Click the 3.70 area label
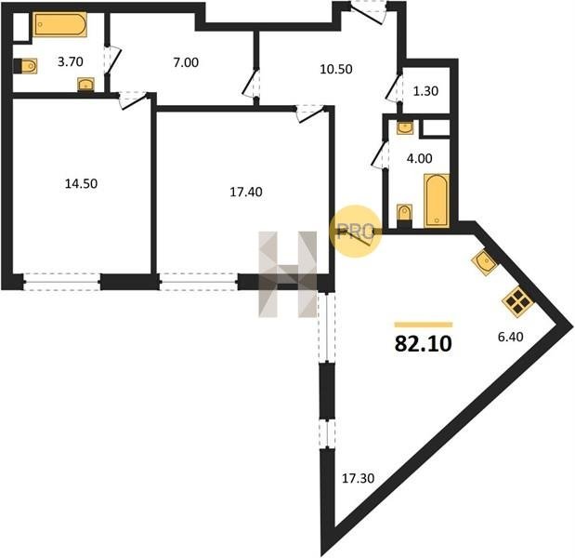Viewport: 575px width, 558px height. click(x=71, y=61)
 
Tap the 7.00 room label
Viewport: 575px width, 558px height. click(x=186, y=62)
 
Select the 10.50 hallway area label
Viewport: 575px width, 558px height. click(x=336, y=69)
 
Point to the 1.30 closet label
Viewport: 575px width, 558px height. click(x=425, y=91)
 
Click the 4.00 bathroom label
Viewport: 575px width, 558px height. click(x=420, y=159)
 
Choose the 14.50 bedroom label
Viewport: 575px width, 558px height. click(x=81, y=183)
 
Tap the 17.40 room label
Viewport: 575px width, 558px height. click(x=245, y=192)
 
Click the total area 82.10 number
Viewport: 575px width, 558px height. click(x=424, y=344)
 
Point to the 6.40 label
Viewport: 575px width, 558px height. click(x=510, y=337)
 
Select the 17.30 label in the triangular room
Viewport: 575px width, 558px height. click(x=358, y=478)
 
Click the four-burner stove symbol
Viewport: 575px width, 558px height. click(x=517, y=302)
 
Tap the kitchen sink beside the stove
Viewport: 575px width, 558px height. click(x=485, y=262)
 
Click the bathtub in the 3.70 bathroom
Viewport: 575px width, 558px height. click(x=59, y=24)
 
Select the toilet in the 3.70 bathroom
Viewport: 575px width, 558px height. click(x=26, y=66)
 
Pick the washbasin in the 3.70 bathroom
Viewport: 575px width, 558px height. click(x=86, y=86)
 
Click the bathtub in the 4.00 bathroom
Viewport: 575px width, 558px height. click(x=437, y=201)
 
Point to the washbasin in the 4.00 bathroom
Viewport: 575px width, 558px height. click(x=405, y=128)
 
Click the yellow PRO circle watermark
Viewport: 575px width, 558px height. click(x=356, y=232)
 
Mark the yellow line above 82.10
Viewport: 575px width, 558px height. click(x=424, y=325)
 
